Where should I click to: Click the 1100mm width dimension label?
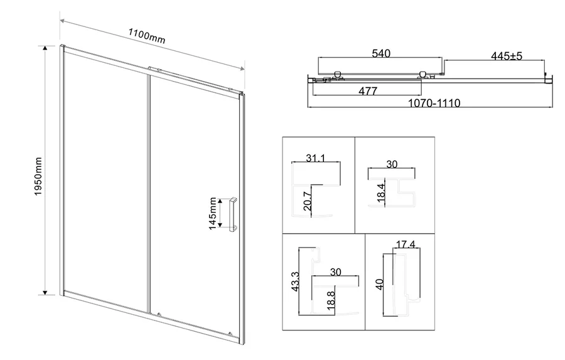point(147,36)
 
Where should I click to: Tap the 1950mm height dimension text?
point(38,177)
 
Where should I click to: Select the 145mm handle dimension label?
point(213,213)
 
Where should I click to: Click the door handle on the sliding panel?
point(233,214)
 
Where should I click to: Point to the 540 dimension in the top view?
point(381,53)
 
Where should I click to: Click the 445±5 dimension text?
point(506,56)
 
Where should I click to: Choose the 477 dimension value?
point(368,91)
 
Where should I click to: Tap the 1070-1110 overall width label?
point(434,103)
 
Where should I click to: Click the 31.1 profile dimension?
point(316,158)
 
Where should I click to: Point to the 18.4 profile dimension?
point(381,193)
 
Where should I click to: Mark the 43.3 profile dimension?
point(296,281)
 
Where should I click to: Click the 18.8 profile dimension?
point(331,300)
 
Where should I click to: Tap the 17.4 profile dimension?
point(406,244)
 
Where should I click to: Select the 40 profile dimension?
point(380,284)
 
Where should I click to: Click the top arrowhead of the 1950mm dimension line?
point(45,48)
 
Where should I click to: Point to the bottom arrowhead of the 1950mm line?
point(45,293)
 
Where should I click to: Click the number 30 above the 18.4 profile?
point(392,164)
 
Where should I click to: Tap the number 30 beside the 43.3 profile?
point(335,272)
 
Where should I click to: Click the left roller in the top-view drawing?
point(338,74)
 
